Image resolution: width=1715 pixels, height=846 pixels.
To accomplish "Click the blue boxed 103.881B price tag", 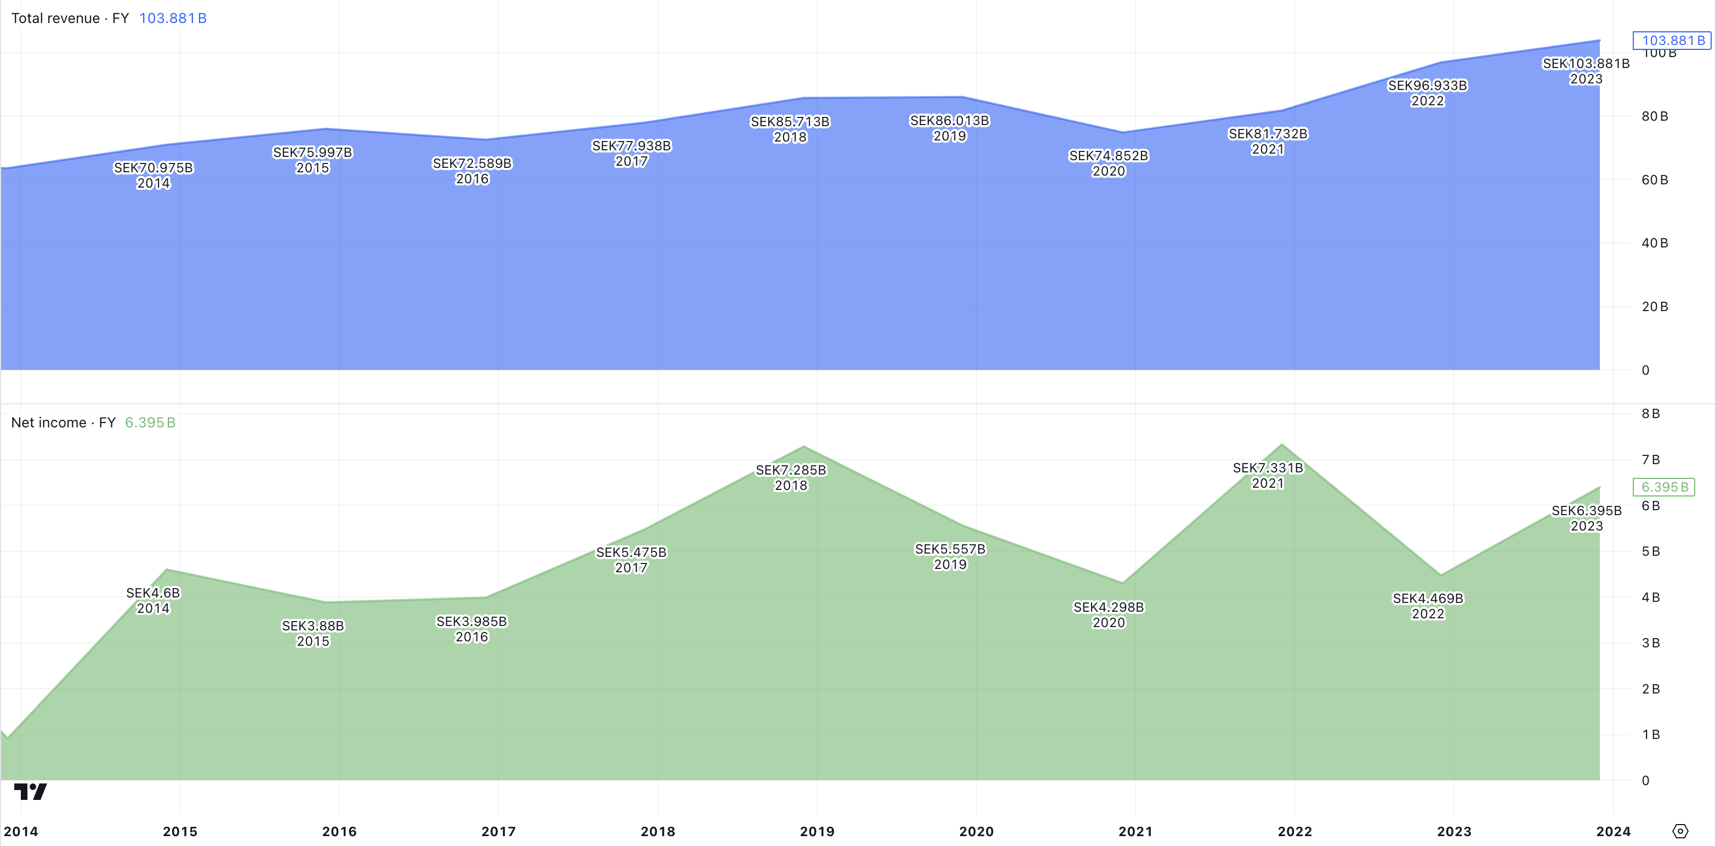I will [1672, 41].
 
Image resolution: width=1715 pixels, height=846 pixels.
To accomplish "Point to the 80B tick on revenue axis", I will [1655, 116].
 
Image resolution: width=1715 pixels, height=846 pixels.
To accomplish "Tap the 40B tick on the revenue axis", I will [1655, 243].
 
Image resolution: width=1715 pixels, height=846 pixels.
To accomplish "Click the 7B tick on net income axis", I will [1650, 460].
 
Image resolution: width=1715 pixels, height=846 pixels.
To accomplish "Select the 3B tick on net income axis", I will [1650, 643].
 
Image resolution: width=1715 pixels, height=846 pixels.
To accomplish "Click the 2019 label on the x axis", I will [817, 831].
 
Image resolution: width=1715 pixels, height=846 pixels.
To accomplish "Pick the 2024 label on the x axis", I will [1613, 831].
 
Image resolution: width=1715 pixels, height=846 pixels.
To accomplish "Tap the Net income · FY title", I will [63, 422].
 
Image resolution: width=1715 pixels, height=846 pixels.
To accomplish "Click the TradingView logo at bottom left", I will [31, 791].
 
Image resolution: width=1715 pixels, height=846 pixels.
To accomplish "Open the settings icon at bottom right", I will [1680, 831].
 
